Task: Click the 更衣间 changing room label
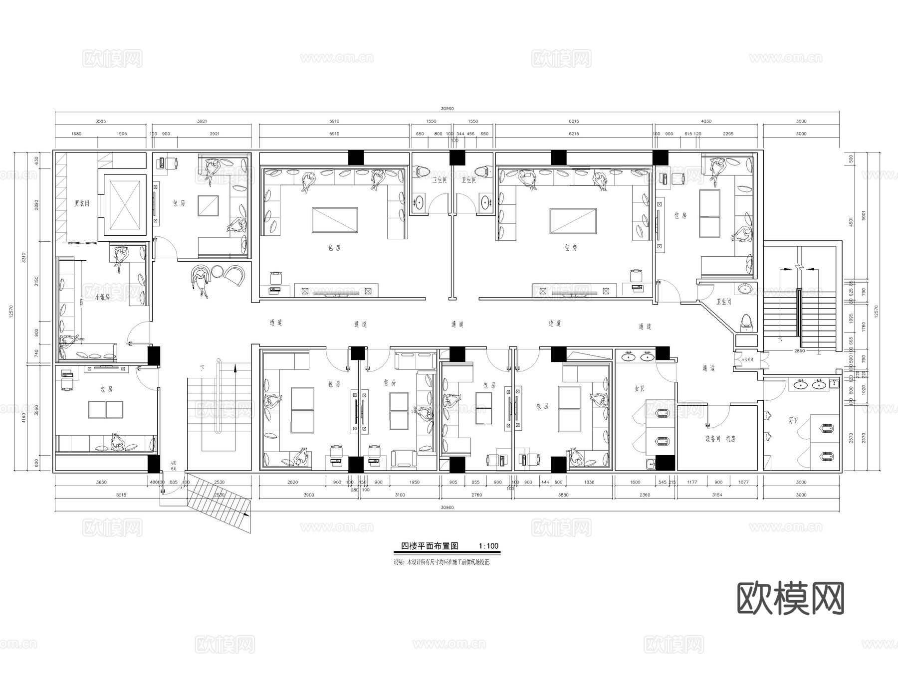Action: coord(82,203)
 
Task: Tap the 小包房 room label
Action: coord(102,297)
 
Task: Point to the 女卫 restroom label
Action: coord(639,387)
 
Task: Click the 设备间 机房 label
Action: coord(720,439)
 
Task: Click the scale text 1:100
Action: coord(488,546)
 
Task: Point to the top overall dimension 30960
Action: coord(448,109)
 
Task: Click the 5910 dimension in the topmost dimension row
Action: coord(334,121)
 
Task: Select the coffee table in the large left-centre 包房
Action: coord(335,220)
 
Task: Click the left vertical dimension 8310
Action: coord(23,257)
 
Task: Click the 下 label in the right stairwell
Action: coord(780,340)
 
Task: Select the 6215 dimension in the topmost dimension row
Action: coord(574,121)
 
